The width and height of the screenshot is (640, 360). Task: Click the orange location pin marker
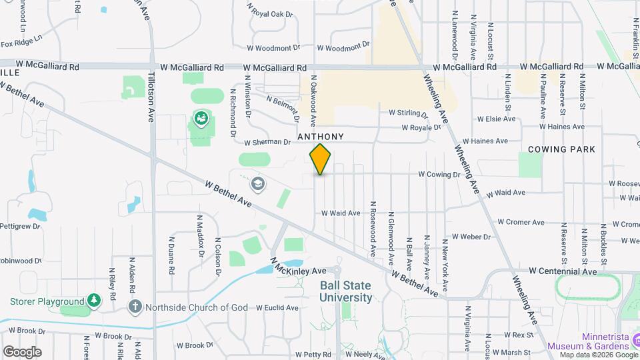tap(320, 159)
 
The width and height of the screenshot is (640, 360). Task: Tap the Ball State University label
tap(345, 291)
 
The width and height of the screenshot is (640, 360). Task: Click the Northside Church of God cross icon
tap(135, 307)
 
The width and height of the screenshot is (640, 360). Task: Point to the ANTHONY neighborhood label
tap(321, 137)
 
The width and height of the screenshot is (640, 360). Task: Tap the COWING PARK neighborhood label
tap(561, 149)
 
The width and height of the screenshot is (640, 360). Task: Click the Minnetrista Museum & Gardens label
tap(588, 341)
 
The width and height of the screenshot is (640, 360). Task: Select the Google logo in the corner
tap(22, 351)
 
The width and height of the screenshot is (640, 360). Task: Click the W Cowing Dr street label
tap(439, 175)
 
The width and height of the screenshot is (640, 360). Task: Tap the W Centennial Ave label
tap(563, 272)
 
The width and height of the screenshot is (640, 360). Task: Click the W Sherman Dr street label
tap(267, 143)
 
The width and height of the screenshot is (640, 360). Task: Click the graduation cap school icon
tap(257, 183)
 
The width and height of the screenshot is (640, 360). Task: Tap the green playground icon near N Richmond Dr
tap(200, 119)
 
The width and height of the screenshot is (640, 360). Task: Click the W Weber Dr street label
tap(471, 237)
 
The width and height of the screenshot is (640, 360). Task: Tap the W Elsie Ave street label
tap(496, 119)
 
